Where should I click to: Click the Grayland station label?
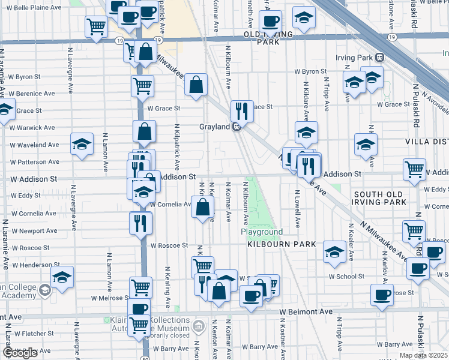click(x=215, y=127)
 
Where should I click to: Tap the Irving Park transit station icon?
click(x=379, y=58)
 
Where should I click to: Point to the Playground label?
click(x=262, y=232)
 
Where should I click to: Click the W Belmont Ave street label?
click(x=306, y=312)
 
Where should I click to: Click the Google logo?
click(x=20, y=353)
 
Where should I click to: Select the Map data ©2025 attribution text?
click(x=423, y=355)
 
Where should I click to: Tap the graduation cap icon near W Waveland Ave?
click(x=82, y=144)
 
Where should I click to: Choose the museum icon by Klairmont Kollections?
click(x=199, y=326)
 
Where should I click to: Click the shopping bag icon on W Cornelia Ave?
click(x=203, y=207)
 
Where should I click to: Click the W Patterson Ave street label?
click(x=34, y=162)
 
